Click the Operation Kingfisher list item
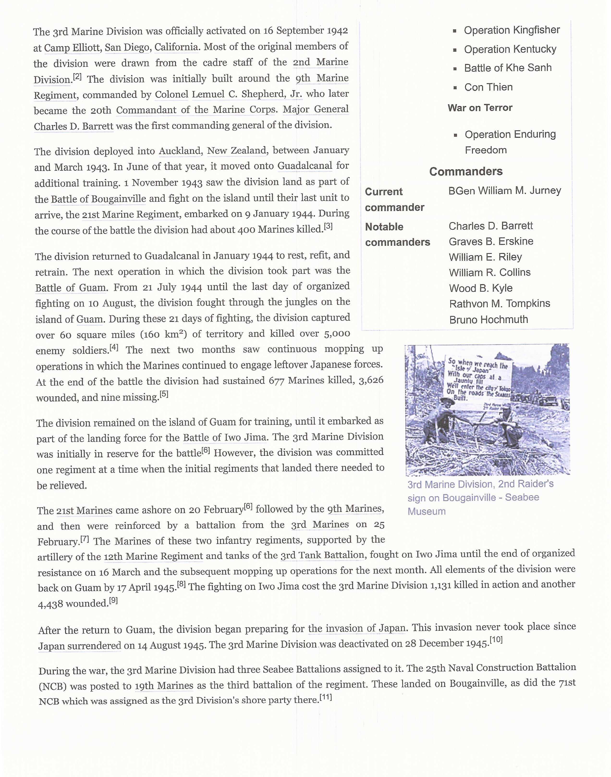(512, 31)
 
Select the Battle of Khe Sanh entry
(508, 68)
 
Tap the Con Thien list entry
(488, 87)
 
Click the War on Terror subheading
(480, 108)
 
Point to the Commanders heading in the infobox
(466, 171)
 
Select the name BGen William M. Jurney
(504, 191)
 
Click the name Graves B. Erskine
(491, 242)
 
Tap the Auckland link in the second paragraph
(180, 151)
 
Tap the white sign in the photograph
(479, 380)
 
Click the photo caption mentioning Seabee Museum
(480, 498)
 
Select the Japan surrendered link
(80, 645)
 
